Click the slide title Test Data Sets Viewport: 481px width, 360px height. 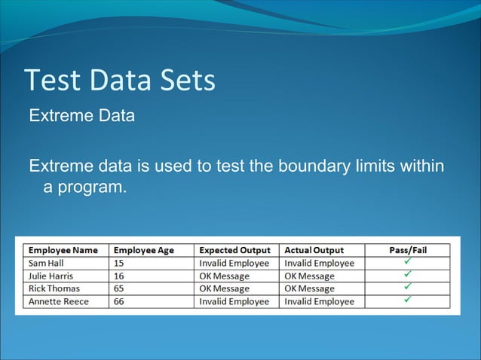(x=120, y=81)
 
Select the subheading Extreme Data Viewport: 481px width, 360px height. (x=81, y=117)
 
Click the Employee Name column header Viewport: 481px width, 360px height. (x=64, y=250)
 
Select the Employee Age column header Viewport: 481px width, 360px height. (x=144, y=250)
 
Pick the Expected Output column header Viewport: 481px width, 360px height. (x=234, y=250)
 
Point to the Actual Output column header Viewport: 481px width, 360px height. (x=314, y=250)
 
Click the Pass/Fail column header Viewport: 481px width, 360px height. (x=407, y=250)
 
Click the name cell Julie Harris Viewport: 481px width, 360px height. (x=51, y=276)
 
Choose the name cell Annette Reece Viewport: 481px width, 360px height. (x=58, y=301)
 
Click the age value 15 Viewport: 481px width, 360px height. (x=119, y=264)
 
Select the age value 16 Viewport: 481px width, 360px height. (x=119, y=276)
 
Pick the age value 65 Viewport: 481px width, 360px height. (x=119, y=288)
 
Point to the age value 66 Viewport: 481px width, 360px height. (x=119, y=301)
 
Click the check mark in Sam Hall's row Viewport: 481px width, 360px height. (x=407, y=262)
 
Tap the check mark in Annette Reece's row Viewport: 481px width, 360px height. (x=407, y=301)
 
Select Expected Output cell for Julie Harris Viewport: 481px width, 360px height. (x=224, y=276)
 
